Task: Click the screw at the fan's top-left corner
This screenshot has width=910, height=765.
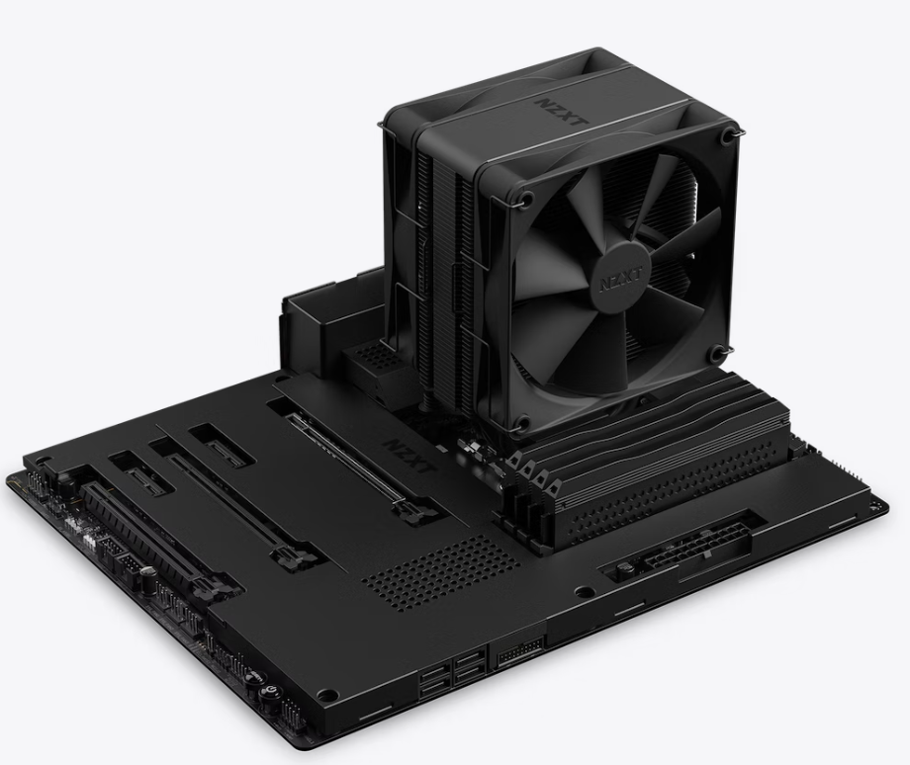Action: (x=527, y=198)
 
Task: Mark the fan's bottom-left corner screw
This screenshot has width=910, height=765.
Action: (x=522, y=422)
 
